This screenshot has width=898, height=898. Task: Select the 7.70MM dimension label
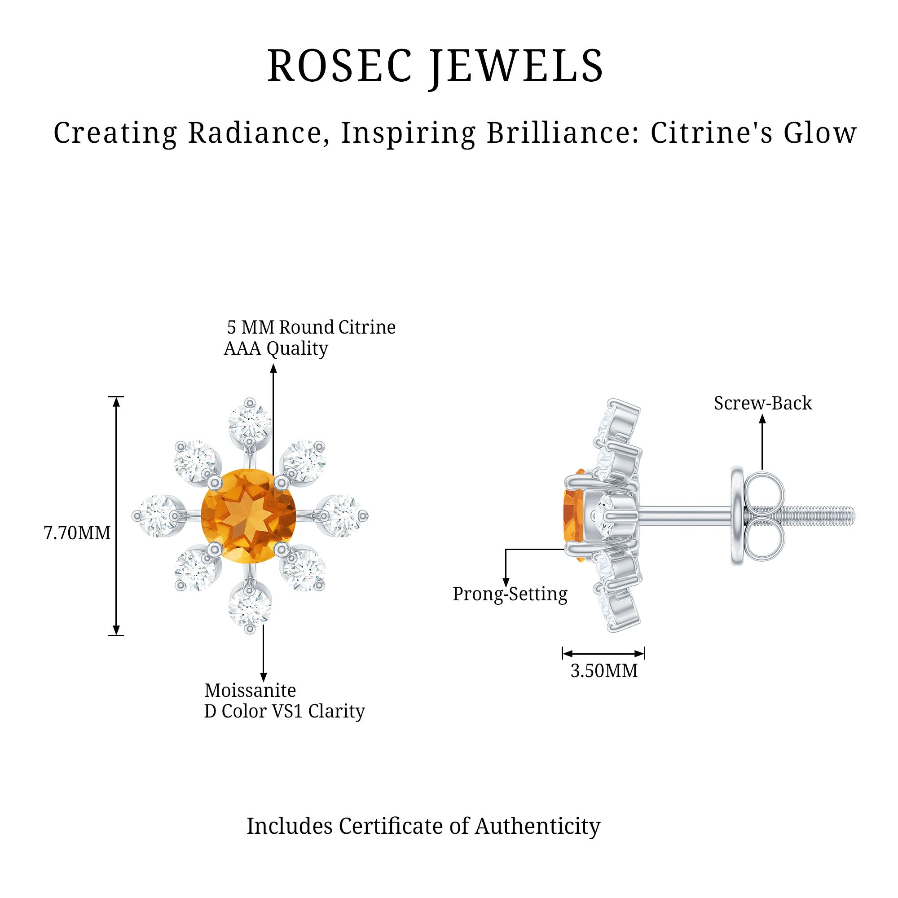(x=77, y=533)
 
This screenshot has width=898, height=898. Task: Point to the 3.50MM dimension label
(x=604, y=671)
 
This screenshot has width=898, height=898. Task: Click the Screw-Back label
(x=763, y=403)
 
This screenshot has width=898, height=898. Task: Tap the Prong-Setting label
(x=510, y=594)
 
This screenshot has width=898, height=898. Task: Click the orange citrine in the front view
(x=249, y=516)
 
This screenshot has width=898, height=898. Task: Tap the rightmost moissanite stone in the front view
(x=342, y=515)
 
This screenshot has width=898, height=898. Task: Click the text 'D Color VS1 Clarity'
(x=285, y=711)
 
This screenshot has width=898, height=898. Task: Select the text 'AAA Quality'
(x=276, y=348)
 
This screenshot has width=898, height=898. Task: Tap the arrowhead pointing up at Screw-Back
(x=762, y=419)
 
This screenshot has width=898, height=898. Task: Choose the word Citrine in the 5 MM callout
(x=367, y=327)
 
